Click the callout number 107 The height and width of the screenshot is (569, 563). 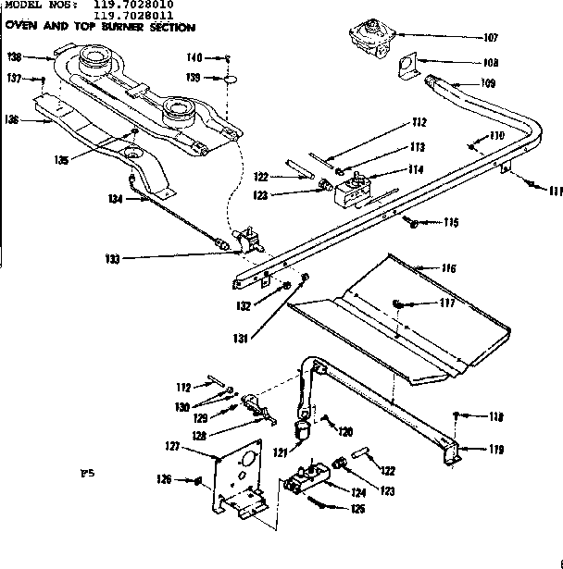pyautogui.click(x=490, y=38)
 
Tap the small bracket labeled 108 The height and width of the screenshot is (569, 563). pyautogui.click(x=407, y=64)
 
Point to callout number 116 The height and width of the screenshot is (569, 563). pyautogui.click(x=448, y=268)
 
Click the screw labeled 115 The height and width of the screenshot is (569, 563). pyautogui.click(x=410, y=221)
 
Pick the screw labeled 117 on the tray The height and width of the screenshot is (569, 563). pyautogui.click(x=399, y=303)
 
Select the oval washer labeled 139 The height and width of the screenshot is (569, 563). pyautogui.click(x=226, y=80)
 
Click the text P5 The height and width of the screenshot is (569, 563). pyautogui.click(x=88, y=473)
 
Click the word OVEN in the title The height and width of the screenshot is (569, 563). pyautogui.click(x=21, y=26)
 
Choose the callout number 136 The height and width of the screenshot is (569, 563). pyautogui.click(x=11, y=118)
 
